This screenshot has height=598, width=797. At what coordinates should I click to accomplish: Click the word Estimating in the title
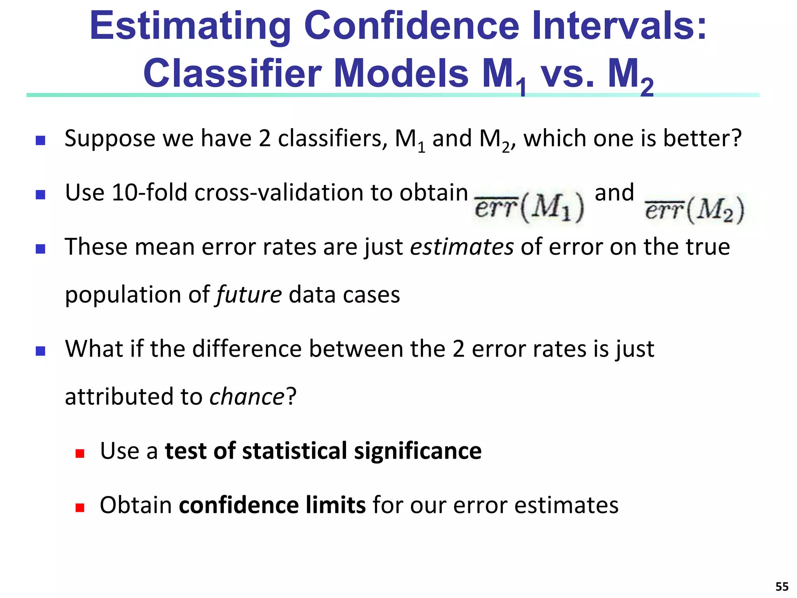pos(190,26)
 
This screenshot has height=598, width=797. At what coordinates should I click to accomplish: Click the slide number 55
pos(782,586)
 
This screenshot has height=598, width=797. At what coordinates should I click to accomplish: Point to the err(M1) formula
pos(529,209)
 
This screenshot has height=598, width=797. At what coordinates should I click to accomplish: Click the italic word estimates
pos(462,247)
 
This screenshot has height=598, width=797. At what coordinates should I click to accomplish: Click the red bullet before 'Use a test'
pos(80,453)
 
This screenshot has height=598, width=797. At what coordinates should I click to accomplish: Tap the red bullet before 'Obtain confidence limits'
pos(80,507)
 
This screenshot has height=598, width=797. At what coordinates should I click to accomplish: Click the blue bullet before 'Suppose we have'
pos(40,141)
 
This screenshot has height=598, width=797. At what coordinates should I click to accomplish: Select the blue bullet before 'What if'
pos(40,351)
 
